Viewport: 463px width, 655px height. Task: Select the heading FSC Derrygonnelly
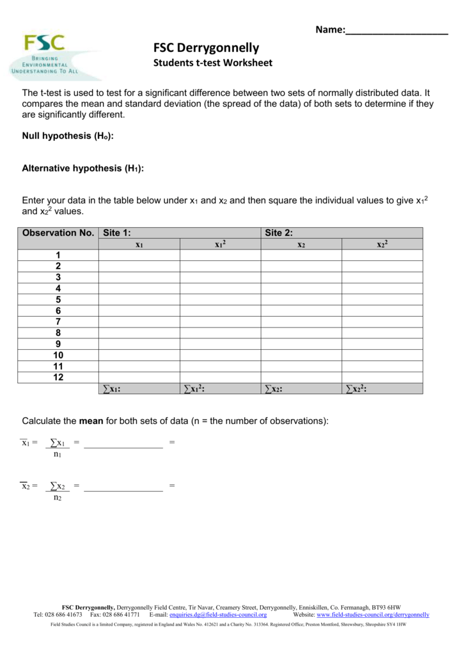(x=206, y=48)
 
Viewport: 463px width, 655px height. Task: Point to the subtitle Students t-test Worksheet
(x=212, y=63)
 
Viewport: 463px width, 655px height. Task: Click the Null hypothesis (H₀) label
(x=68, y=136)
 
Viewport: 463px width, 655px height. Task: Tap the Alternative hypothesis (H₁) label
(x=82, y=168)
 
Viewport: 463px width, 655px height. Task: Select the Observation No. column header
(x=58, y=233)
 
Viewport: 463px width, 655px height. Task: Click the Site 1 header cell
(x=179, y=233)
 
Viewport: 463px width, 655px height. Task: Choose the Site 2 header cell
(x=341, y=233)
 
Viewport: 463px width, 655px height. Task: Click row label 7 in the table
(x=58, y=322)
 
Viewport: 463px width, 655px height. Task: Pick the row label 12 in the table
(x=58, y=377)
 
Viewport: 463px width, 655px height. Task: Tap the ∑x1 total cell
(x=139, y=389)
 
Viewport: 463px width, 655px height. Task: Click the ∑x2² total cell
(x=382, y=389)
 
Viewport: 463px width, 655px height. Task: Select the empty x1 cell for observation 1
(x=139, y=255)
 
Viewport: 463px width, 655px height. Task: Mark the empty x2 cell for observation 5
(x=301, y=299)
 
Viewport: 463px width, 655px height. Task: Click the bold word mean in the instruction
(x=91, y=421)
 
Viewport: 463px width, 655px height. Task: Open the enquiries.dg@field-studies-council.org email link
(x=217, y=615)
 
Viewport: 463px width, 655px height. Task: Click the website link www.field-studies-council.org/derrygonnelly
(x=373, y=615)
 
